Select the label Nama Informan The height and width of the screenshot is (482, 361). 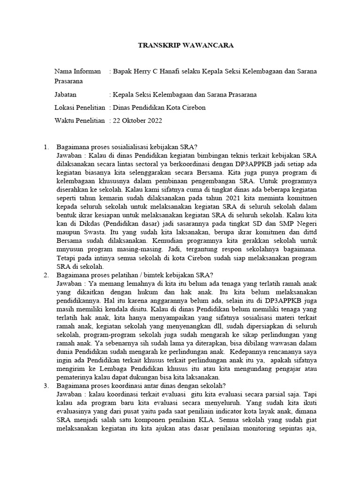click(78, 72)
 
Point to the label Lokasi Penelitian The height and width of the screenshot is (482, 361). click(80, 108)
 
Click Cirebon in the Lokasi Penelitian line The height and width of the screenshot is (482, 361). click(193, 108)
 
